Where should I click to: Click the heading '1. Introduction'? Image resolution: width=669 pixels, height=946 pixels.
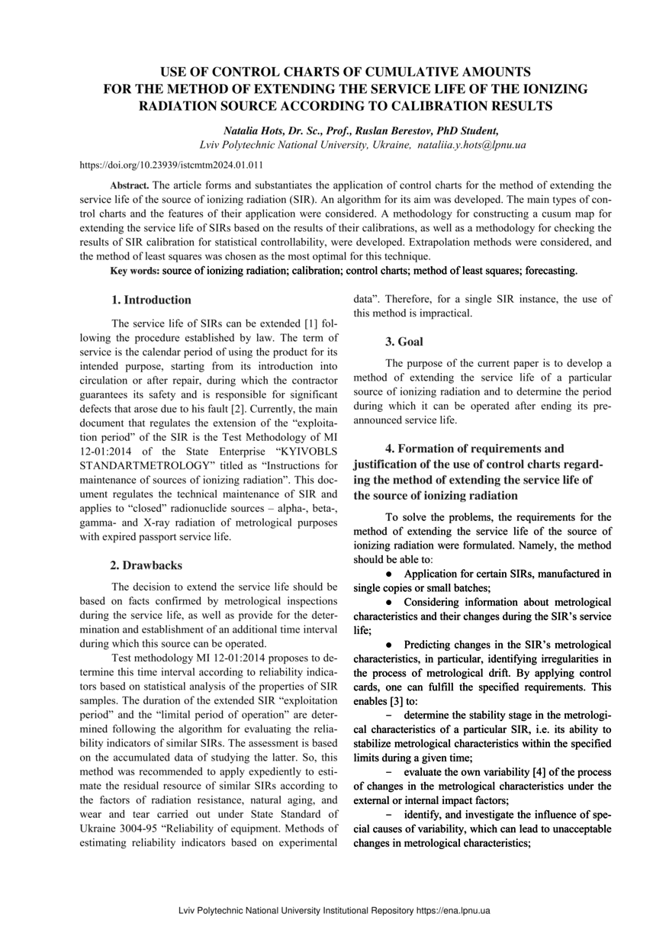coord(151,300)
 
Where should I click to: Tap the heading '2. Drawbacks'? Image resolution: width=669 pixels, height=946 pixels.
coord(146,565)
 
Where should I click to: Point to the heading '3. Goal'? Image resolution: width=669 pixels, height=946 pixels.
coord(404,342)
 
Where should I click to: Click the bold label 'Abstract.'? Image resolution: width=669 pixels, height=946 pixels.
coord(130,185)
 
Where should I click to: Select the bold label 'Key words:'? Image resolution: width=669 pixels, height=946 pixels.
coord(135,271)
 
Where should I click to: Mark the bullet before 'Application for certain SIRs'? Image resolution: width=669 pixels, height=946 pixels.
coord(388,573)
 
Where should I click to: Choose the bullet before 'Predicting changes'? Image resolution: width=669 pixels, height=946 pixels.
coord(388,645)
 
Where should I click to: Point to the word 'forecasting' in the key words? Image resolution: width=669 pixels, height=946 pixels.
coord(545,271)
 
